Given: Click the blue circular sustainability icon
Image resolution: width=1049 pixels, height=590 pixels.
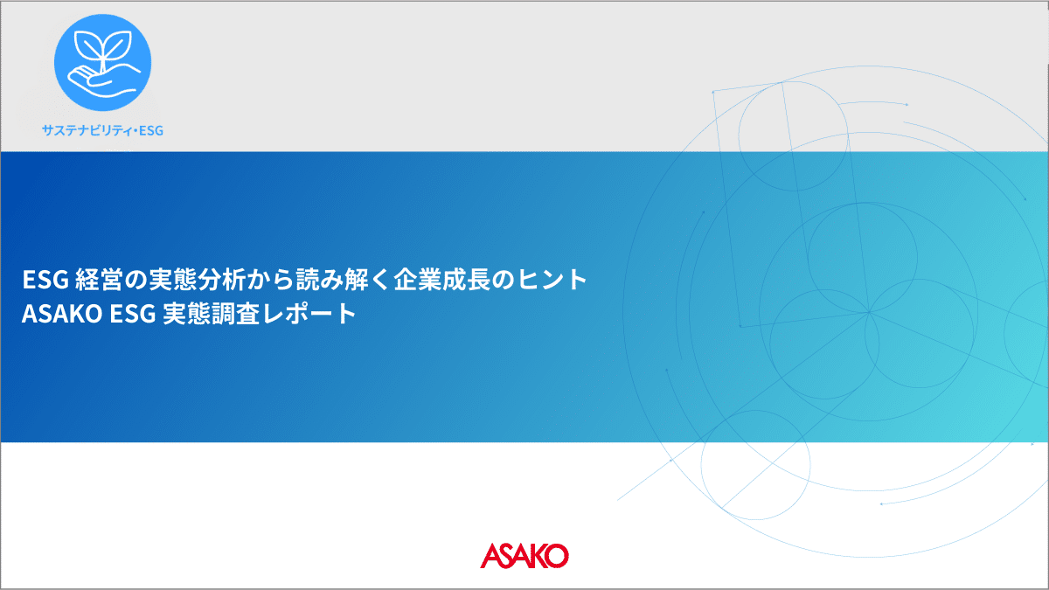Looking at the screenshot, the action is [102, 62].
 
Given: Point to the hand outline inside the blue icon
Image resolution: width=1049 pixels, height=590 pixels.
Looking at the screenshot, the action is [103, 80].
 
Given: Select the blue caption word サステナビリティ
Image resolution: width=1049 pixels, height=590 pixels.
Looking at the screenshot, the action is [87, 130].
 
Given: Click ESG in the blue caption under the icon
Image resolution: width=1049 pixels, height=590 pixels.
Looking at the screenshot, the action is [150, 130].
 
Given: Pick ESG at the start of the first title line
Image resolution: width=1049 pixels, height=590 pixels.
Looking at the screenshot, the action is [45, 280].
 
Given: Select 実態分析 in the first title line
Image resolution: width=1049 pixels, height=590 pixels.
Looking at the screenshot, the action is [196, 280].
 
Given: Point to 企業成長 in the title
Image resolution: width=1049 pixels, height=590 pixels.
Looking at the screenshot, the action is [441, 280].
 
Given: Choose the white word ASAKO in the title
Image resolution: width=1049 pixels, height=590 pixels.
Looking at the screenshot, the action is [62, 314].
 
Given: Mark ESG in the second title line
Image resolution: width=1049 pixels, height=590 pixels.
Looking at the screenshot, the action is [133, 314].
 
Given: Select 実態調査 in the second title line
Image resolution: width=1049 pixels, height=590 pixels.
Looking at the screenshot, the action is [212, 314].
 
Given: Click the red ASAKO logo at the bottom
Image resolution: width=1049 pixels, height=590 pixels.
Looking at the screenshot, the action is [524, 556].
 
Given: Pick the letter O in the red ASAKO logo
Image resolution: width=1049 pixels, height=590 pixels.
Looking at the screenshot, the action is [557, 556].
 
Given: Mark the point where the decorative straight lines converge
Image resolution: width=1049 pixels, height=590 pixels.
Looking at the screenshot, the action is [869, 312].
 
